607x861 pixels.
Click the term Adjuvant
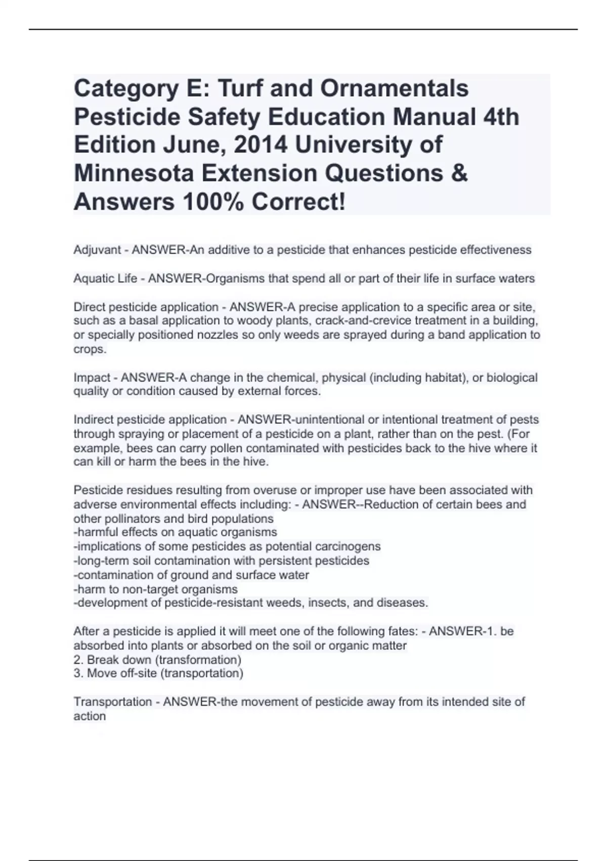tap(97, 250)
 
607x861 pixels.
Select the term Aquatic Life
tap(105, 279)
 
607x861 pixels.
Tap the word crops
tap(89, 349)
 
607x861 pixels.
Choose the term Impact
tap(92, 378)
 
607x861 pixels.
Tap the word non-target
tap(146, 589)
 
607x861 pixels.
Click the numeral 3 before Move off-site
tap(77, 673)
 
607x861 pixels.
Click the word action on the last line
tap(90, 716)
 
